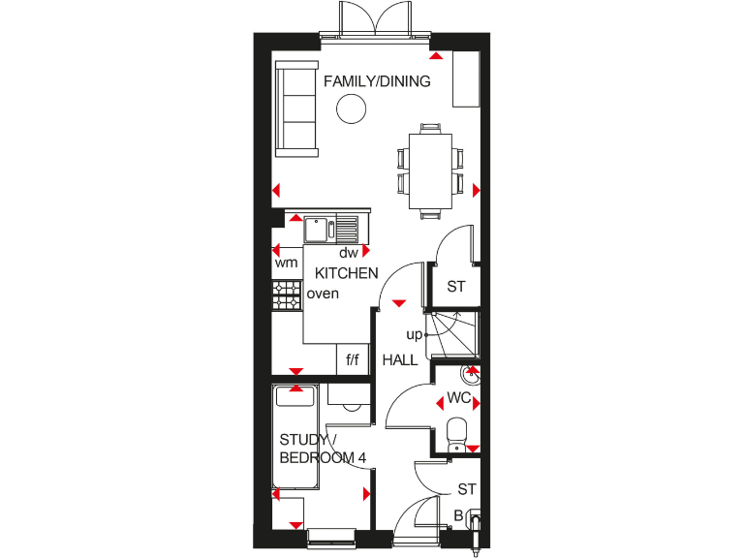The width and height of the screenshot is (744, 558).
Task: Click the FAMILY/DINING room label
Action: (377, 81)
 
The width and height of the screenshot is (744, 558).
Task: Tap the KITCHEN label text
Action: (346, 273)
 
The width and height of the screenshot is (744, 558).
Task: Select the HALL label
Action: (400, 359)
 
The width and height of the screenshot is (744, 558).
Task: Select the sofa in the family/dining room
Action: (295, 108)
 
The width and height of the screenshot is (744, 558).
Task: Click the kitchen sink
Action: (319, 230)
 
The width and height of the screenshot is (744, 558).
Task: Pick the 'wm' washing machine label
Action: (286, 263)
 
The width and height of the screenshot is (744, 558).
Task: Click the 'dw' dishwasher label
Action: (349, 253)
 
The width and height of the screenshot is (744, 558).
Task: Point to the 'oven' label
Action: (323, 294)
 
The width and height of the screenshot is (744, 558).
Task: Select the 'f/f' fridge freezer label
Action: (353, 360)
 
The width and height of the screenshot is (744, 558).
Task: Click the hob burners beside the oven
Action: (287, 295)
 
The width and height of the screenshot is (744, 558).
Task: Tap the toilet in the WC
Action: (457, 432)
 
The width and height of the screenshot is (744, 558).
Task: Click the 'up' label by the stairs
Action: (414, 334)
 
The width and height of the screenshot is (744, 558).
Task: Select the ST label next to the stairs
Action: (456, 287)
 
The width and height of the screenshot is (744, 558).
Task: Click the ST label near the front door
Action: (467, 489)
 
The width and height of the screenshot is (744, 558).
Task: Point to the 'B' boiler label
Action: (458, 514)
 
